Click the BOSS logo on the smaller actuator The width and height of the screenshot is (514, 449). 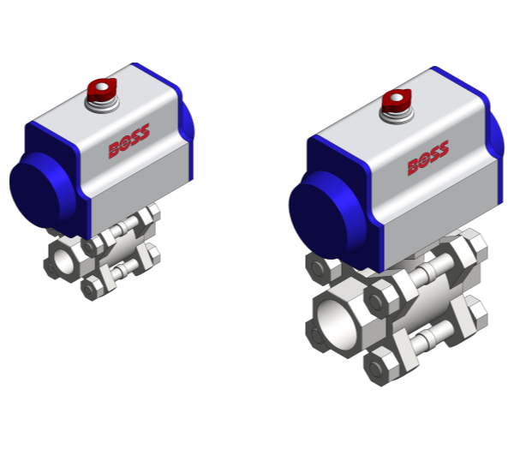point(128,144)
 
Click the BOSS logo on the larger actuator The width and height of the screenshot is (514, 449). point(427,161)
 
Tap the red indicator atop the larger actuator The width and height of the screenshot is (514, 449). point(396,100)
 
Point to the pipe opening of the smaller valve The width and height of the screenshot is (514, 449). point(63,259)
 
